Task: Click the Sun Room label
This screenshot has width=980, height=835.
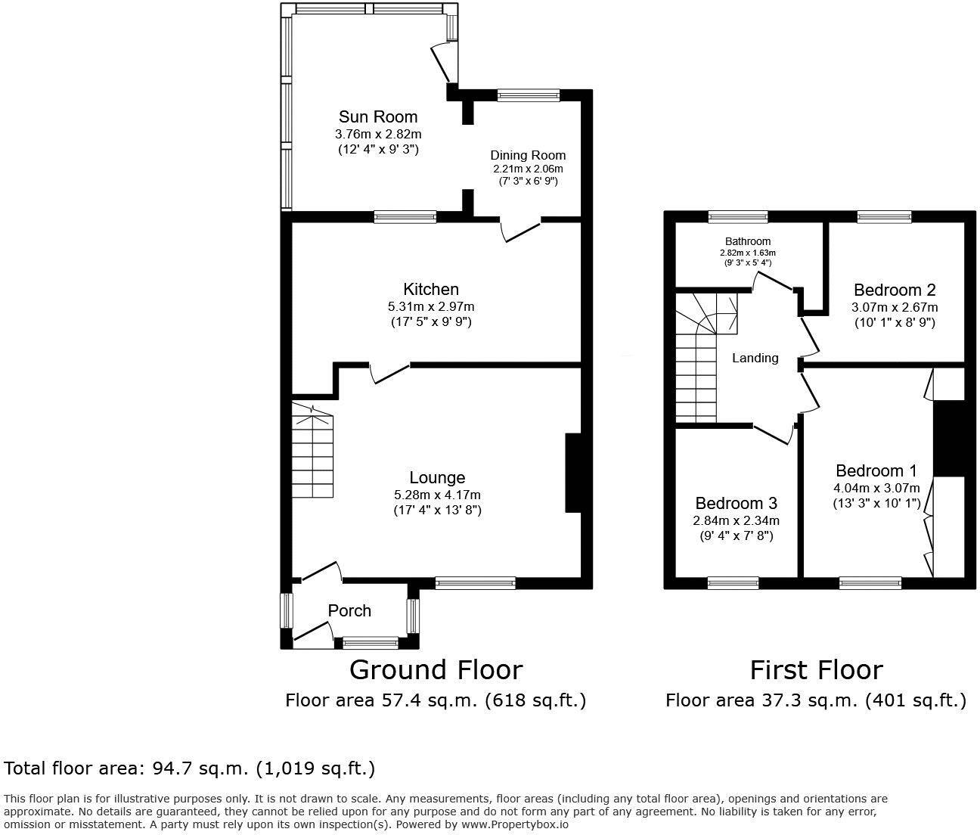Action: coord(377,116)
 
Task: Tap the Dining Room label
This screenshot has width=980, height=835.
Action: coord(528,155)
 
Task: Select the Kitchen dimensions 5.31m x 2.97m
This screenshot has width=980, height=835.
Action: coord(431,306)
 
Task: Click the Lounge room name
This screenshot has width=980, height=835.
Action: coord(437,477)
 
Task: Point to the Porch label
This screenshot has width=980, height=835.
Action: coord(349,610)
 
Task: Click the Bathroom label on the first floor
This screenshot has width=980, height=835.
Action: coord(745,241)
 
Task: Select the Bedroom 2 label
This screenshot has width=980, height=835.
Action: coord(895,290)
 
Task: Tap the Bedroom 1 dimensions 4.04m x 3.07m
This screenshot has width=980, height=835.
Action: coord(876,488)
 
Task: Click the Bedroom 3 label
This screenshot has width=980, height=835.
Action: coord(736,503)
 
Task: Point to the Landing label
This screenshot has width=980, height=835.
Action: coord(755,358)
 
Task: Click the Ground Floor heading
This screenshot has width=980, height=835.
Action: coord(436,669)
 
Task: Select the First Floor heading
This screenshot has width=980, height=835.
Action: coord(816,669)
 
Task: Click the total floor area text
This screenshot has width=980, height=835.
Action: coord(190,768)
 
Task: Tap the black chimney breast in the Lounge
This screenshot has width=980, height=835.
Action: coord(573,473)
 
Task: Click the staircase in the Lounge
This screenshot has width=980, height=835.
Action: coord(312,452)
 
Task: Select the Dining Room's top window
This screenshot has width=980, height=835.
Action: coord(529,95)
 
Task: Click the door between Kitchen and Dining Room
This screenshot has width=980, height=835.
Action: coord(522,230)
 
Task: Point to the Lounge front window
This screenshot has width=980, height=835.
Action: coord(476,582)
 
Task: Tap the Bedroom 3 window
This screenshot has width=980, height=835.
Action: coord(733,582)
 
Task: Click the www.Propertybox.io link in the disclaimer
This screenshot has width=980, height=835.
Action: coord(516,824)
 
